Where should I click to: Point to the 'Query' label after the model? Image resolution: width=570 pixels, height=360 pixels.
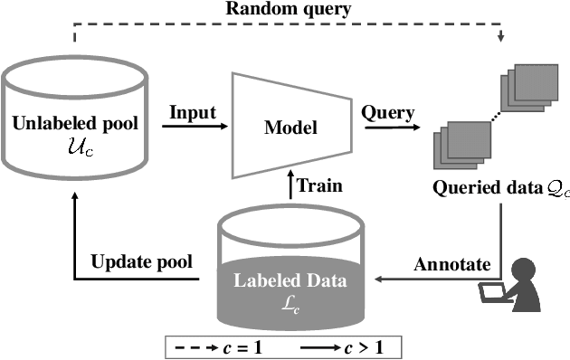tap(387, 113)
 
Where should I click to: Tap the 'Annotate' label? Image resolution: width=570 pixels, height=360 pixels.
tap(451, 265)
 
